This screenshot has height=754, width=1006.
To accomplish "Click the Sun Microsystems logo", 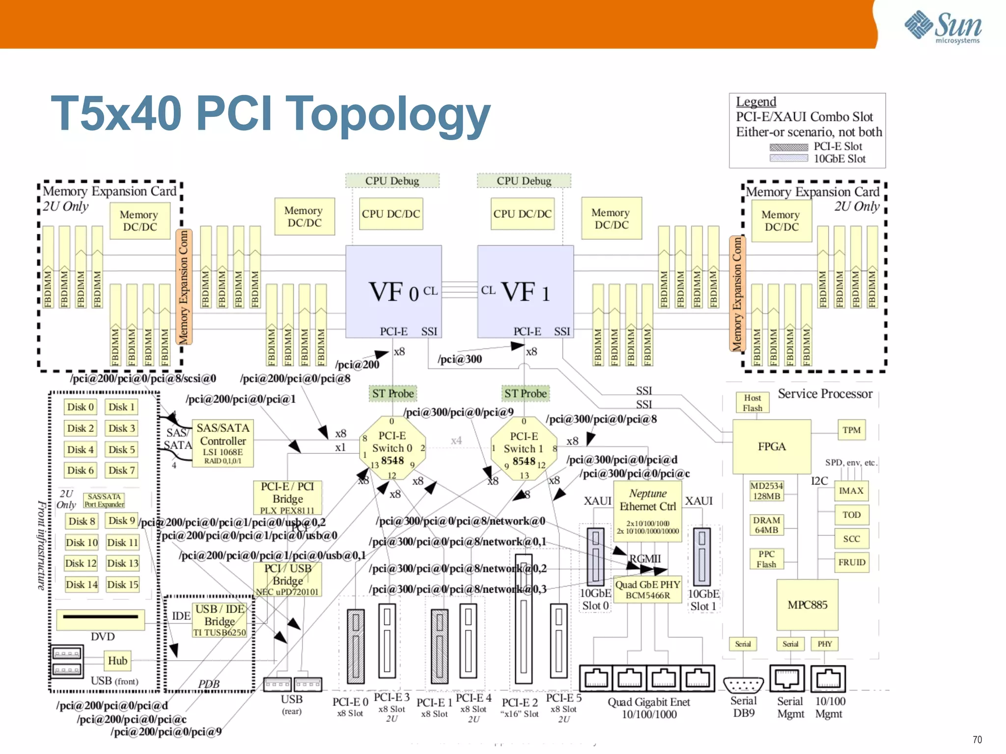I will coord(943,27).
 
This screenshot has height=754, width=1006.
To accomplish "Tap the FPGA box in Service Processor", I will coord(771,446).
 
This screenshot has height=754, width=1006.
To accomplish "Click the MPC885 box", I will coord(807,605).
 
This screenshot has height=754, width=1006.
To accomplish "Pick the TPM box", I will coord(851,430).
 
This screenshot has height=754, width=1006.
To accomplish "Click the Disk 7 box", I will coord(121,470).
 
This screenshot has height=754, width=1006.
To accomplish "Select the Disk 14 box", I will coord(81,584).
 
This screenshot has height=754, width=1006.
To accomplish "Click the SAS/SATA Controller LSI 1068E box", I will coord(223,443).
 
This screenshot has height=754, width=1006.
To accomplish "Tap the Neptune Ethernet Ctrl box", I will coord(647,511).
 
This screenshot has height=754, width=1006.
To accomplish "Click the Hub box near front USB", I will coord(117,661).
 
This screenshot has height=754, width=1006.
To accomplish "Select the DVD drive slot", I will coord(101,618).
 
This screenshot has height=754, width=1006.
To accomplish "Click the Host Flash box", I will coord(752,403).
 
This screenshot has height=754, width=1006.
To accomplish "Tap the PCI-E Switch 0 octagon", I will coord(392,448).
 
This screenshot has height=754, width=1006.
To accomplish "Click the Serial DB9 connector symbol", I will coord(743,684).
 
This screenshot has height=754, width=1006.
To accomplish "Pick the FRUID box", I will coord(851,562).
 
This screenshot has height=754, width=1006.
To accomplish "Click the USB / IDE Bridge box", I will coord(220,620).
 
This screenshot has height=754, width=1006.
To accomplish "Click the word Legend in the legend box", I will coord(755,102).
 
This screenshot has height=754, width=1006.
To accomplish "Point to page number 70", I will coord(977,739).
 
